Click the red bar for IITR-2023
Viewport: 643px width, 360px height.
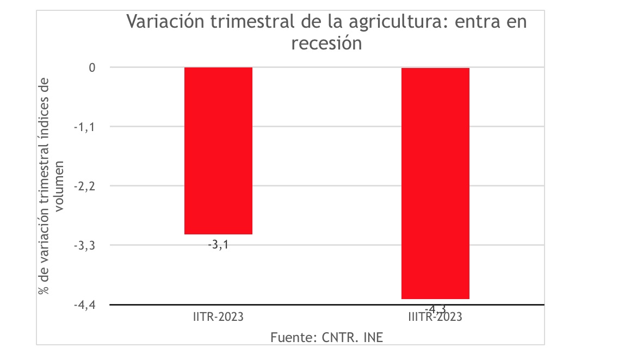(218, 151)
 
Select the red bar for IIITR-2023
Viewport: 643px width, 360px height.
(435, 183)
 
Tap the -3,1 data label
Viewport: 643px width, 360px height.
(218, 245)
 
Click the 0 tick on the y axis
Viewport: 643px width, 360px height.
(92, 67)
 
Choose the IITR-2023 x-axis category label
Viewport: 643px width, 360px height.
(218, 317)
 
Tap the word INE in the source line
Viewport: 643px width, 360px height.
(371, 337)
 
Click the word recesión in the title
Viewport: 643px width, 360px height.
(326, 44)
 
